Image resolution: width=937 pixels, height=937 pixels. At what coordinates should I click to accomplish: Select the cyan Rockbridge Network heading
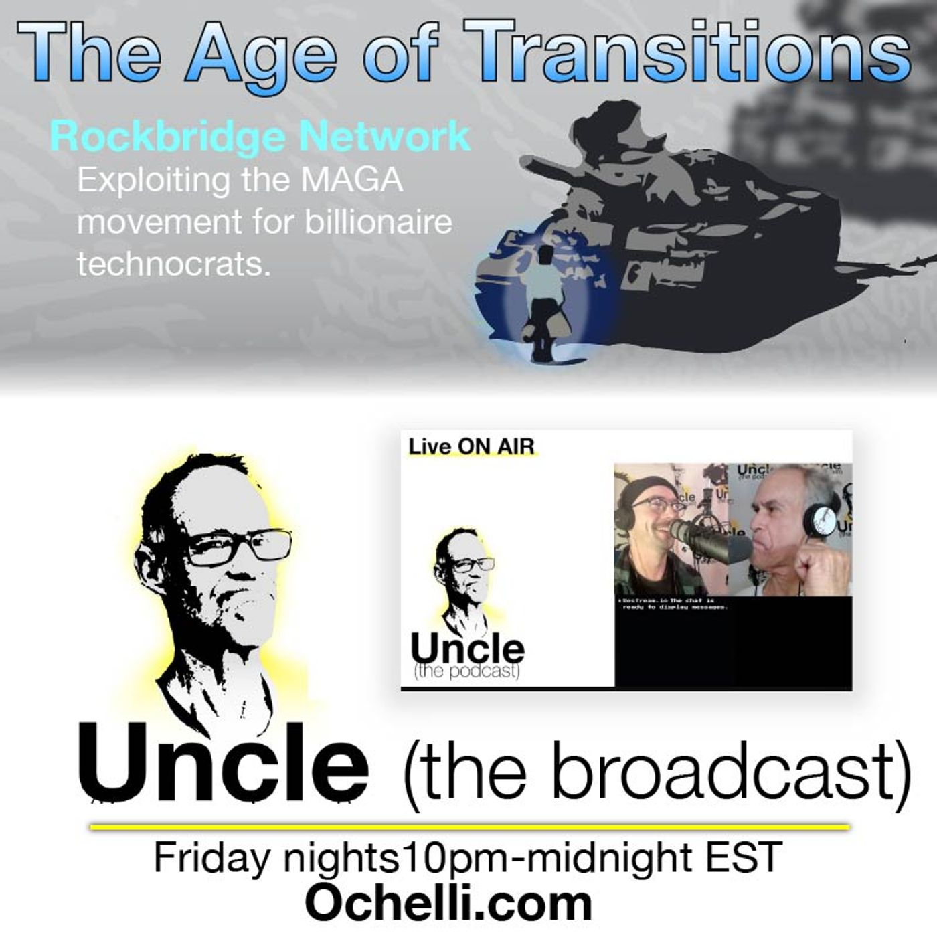(260, 136)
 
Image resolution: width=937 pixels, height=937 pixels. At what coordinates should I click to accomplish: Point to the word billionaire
(379, 222)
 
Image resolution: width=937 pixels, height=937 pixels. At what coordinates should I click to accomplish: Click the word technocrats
(173, 264)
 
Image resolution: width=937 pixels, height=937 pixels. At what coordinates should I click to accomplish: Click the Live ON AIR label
(472, 446)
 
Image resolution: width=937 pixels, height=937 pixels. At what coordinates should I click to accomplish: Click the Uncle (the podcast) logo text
(467, 655)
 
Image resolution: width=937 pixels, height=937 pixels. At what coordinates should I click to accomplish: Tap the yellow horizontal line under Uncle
(468, 827)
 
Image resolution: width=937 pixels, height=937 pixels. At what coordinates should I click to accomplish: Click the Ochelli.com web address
(448, 904)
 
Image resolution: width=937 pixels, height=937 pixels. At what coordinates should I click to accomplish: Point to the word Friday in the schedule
(213, 858)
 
